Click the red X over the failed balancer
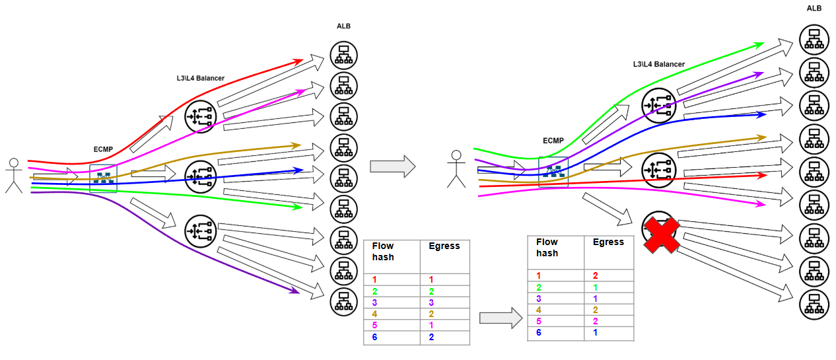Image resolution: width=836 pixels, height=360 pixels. [x=662, y=234]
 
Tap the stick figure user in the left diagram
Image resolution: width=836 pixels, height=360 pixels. [x=14, y=176]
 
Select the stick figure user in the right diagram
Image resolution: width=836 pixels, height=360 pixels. [x=454, y=169]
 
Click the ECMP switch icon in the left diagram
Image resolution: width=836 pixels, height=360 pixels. [x=103, y=178]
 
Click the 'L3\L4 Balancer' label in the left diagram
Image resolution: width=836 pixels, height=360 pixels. [x=197, y=78]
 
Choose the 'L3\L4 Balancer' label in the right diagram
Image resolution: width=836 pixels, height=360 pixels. [x=658, y=64]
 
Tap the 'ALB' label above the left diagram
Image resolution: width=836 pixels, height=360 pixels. [x=343, y=26]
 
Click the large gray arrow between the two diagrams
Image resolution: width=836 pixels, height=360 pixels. [x=392, y=166]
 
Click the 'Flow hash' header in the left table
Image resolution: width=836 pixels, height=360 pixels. [x=383, y=251]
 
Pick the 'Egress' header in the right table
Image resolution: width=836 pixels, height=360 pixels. [x=608, y=242]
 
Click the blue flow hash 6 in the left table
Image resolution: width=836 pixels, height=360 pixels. [x=374, y=338]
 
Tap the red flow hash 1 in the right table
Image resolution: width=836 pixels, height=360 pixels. [x=538, y=275]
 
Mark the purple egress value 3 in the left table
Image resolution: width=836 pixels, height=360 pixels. [x=431, y=303]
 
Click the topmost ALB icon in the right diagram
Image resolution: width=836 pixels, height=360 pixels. [x=814, y=38]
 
